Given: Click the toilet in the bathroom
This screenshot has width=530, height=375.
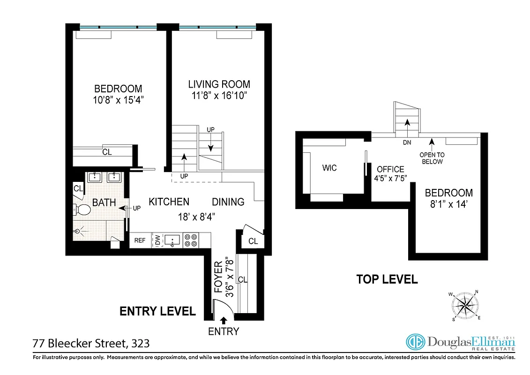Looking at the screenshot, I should coord(82,209).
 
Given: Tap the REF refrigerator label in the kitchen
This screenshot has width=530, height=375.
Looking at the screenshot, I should coord(140,240).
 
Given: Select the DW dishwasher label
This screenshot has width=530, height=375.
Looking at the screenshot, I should coord(157,240).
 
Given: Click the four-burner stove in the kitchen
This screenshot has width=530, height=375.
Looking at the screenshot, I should coord(191,240).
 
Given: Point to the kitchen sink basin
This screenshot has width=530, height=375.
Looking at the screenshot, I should coord(173,240).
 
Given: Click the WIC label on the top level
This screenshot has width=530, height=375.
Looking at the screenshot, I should coord(329,168).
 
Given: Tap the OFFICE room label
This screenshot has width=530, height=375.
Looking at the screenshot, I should coord(390,169).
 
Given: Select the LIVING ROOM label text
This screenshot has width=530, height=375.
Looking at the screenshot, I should coord(219,84).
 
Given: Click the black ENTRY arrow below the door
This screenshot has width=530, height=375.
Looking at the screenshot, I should coord(224,321).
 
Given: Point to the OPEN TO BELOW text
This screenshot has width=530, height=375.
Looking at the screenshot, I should coord(432,158).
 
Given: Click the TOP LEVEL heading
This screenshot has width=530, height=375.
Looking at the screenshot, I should coord(387,280).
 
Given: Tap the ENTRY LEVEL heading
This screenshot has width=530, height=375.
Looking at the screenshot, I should coord(157,311).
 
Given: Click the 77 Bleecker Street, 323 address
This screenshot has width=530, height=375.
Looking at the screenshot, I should coord(91,344).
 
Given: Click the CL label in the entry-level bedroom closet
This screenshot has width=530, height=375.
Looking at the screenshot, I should coord(107,152).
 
